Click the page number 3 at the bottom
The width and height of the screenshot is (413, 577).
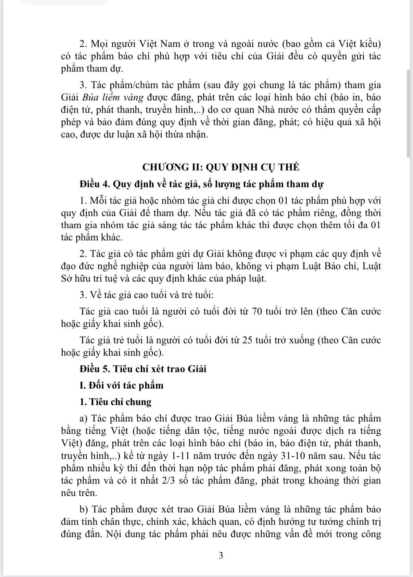221,555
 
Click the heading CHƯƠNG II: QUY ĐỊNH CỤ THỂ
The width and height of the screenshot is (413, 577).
221,167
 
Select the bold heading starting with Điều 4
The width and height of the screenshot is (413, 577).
201,184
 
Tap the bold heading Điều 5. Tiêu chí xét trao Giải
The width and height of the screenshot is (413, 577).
143,369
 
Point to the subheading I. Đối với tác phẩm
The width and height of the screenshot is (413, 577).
122,385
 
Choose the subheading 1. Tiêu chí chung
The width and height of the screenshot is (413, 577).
115,402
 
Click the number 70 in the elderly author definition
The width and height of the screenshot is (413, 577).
258,311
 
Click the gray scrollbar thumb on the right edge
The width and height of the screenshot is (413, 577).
408,113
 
